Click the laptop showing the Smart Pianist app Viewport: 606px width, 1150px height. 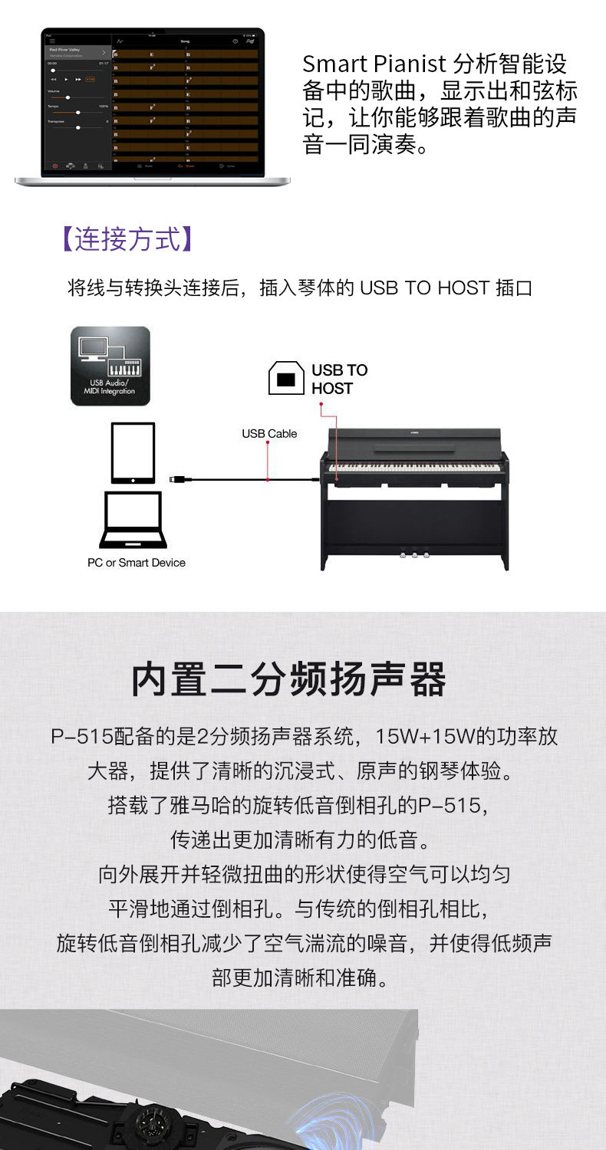[152, 106]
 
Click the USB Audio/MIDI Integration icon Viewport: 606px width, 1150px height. [110, 366]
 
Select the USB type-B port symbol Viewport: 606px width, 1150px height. [286, 379]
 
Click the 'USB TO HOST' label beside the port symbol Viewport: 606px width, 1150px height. [339, 379]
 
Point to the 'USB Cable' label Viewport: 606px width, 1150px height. [269, 434]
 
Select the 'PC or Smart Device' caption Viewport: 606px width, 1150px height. [137, 563]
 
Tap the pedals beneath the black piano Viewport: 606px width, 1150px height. [414, 556]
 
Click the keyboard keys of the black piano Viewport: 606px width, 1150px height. [414, 467]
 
